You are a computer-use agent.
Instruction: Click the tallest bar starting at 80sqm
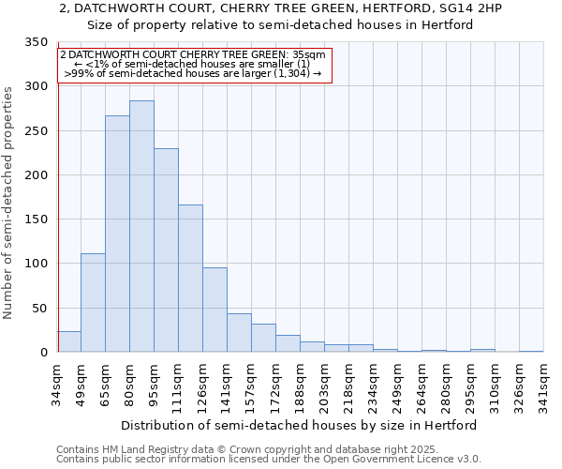pos(141,226)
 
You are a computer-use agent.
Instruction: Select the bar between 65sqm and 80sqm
pos(117,234)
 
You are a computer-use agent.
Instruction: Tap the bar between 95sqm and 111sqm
pos(166,250)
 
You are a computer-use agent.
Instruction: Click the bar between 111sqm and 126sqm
pos(190,278)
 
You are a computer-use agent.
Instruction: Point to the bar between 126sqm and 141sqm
pos(214,310)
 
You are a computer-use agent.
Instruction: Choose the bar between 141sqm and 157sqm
pos(239,333)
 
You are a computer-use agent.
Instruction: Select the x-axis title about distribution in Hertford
pos(299,425)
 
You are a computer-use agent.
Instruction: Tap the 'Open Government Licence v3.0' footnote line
pos(269,459)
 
